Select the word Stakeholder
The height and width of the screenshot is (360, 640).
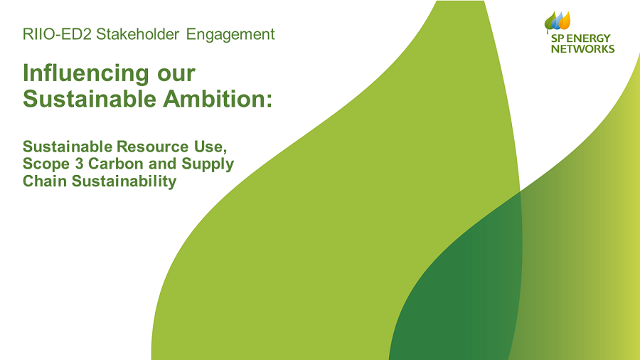point(137,34)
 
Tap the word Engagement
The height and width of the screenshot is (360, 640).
point(230,35)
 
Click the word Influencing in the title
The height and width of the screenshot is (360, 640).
point(86,74)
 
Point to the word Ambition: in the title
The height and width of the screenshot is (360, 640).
point(218,99)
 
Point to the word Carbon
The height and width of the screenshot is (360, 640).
point(116,164)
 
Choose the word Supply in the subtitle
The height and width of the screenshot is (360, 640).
point(208,164)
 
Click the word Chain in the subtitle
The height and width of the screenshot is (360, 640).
point(45,181)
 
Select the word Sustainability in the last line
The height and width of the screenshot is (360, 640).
point(124,181)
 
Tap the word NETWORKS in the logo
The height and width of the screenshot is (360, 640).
point(582,49)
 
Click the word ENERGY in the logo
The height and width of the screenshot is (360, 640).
point(588,38)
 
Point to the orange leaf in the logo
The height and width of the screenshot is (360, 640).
point(565,21)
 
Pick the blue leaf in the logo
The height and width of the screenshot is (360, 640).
point(558,21)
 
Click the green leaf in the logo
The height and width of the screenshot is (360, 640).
point(550,22)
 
